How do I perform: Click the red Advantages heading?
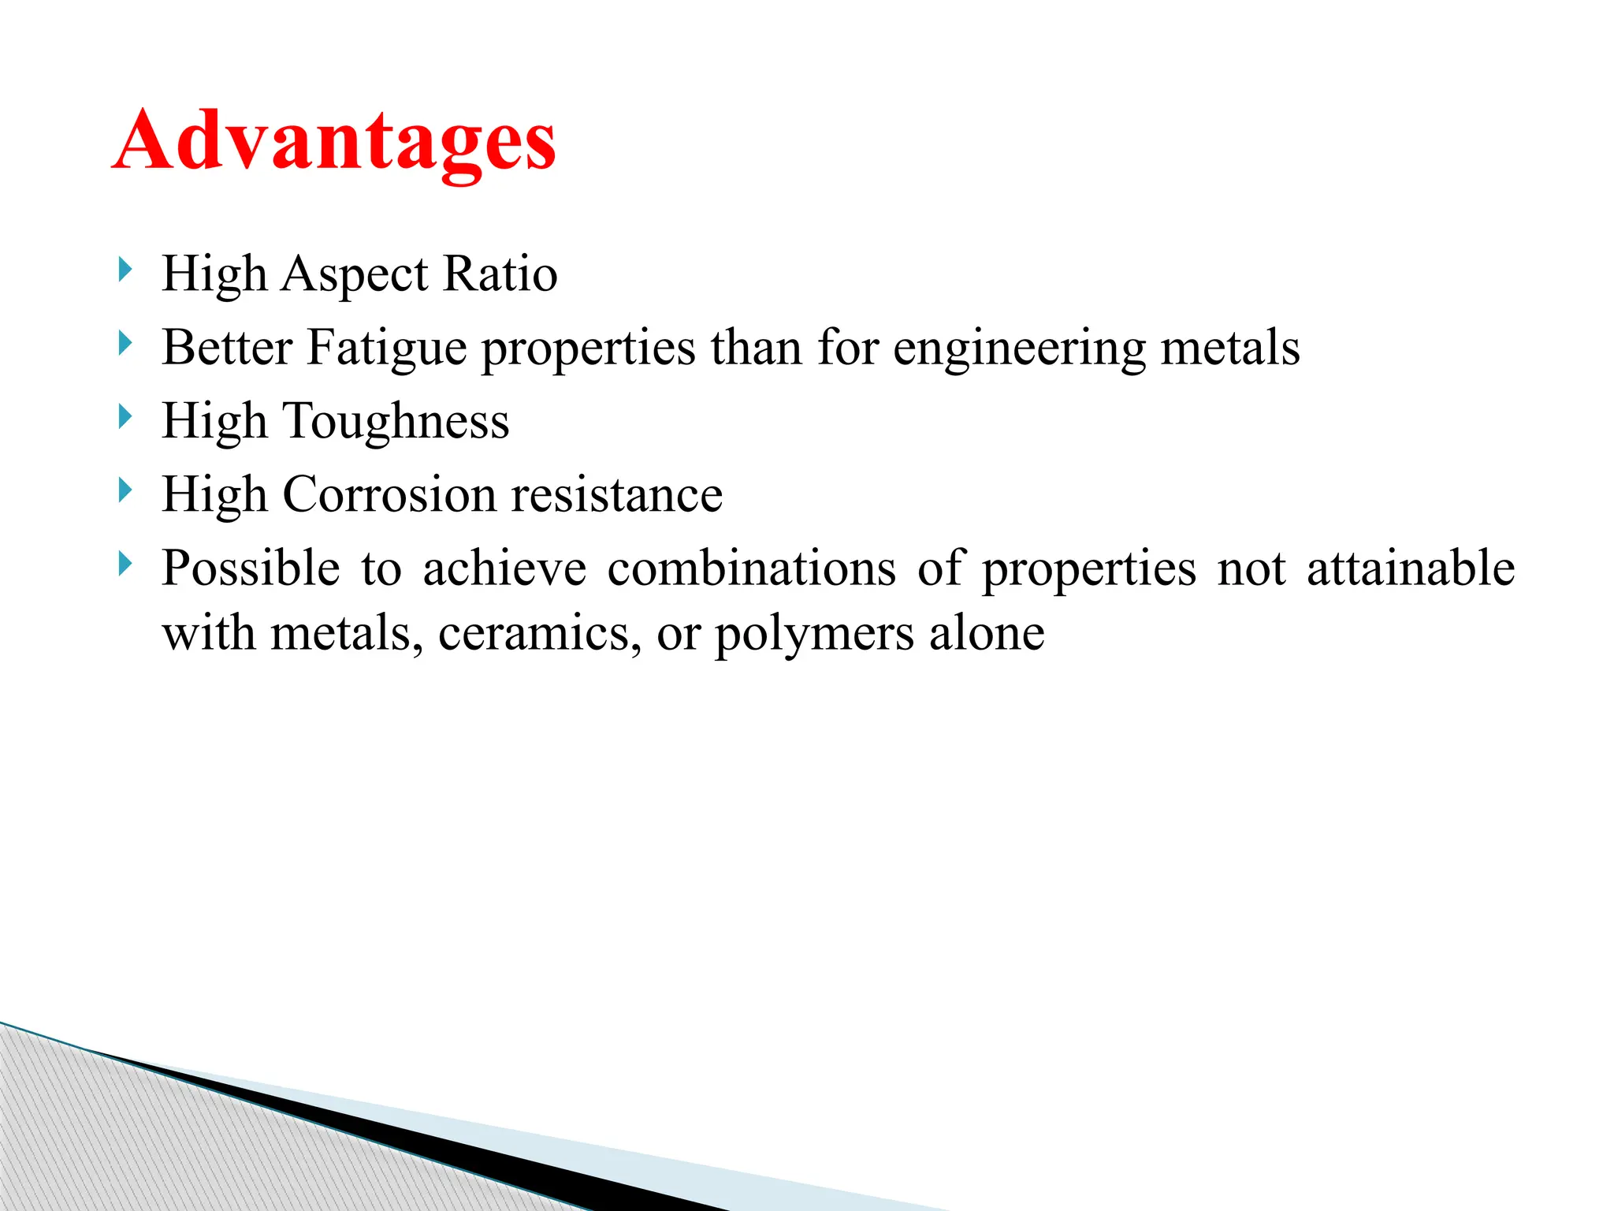pos(334,142)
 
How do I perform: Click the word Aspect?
pos(355,275)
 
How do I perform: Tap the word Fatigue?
pos(386,348)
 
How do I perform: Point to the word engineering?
pos(1019,348)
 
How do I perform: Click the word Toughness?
pos(396,421)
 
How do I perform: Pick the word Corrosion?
pos(389,495)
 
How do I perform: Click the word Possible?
pos(251,568)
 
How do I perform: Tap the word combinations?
pos(751,568)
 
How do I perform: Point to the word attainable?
pos(1411,568)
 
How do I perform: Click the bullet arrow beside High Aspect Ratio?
pos(125,270)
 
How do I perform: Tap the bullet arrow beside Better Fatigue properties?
pos(125,344)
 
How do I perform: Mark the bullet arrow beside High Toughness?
pos(125,417)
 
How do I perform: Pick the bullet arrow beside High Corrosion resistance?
pos(125,491)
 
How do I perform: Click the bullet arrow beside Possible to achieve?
pos(125,564)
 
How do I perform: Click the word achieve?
pos(504,568)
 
